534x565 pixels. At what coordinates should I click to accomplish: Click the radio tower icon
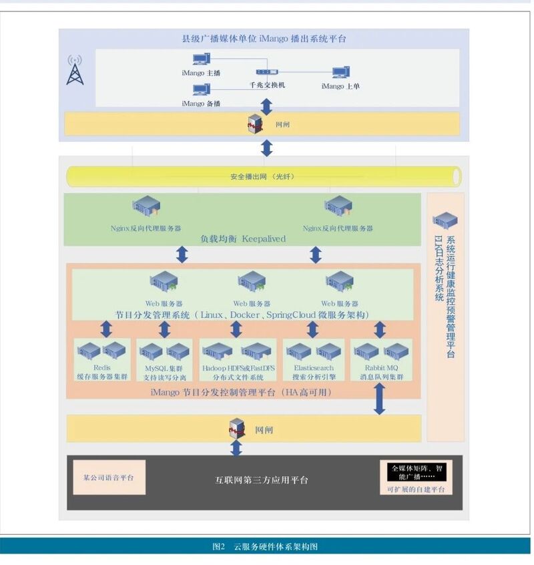[75, 70]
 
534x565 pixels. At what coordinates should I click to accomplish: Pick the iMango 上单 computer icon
[341, 73]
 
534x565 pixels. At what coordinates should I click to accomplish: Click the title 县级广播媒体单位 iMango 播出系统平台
[264, 39]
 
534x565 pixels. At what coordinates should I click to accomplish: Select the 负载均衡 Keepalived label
[244, 238]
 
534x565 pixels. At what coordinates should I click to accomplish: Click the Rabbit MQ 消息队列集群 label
[380, 372]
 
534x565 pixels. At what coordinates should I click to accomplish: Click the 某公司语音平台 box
[109, 478]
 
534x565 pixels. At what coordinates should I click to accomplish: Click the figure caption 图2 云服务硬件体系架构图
[265, 547]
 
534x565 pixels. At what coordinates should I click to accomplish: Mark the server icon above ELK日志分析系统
[445, 220]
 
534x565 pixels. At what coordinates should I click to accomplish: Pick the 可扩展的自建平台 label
[415, 490]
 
